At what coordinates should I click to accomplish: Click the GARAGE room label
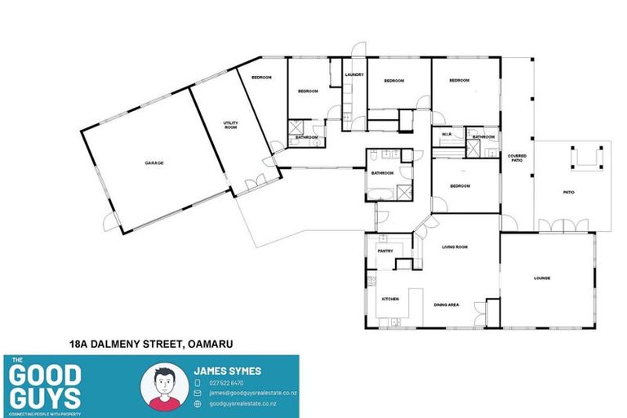(x=154, y=163)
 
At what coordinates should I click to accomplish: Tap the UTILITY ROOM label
(x=230, y=126)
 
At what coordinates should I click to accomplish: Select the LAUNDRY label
(x=354, y=75)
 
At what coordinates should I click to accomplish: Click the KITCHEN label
(x=390, y=300)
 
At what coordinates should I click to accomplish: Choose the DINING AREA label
(x=446, y=305)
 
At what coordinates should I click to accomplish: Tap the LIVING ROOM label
(x=454, y=247)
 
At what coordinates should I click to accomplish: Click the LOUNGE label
(x=542, y=278)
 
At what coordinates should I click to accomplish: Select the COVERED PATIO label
(x=517, y=158)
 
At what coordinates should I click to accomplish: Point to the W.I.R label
(x=447, y=135)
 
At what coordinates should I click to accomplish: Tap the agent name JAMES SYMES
(x=227, y=371)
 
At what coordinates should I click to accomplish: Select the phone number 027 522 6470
(x=226, y=382)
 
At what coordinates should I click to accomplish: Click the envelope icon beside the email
(x=198, y=393)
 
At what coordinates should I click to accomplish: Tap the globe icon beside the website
(x=198, y=403)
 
